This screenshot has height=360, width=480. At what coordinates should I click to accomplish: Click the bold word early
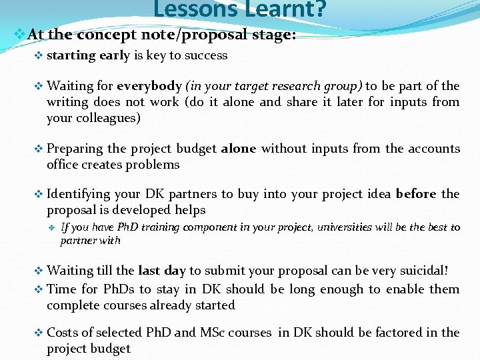point(115,56)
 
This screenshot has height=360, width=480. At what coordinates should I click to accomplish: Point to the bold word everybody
point(149,86)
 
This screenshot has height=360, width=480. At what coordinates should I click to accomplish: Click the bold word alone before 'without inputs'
point(239,149)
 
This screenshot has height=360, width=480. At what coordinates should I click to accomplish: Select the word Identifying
point(79,194)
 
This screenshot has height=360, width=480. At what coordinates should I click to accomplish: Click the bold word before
point(416,194)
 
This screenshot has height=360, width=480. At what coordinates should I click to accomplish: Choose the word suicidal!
point(415,271)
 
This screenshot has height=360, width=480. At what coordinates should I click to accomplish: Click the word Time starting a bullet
point(62,289)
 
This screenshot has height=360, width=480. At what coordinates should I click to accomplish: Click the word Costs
point(63,333)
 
